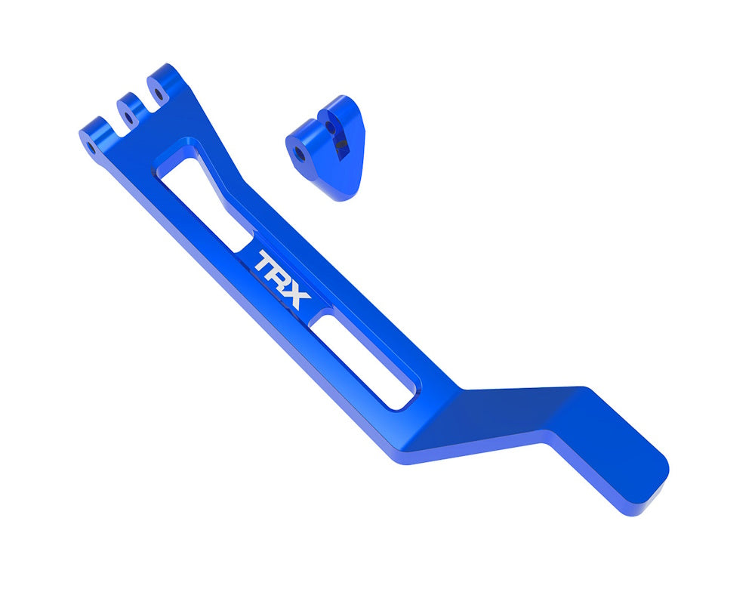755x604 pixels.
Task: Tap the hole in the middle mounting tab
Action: tap(129, 117)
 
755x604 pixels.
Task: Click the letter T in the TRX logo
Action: tap(266, 263)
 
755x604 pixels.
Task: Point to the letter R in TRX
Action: tap(282, 279)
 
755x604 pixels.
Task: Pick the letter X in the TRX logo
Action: tap(297, 296)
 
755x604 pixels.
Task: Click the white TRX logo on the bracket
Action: tap(282, 279)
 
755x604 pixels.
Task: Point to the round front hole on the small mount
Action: tap(300, 153)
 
